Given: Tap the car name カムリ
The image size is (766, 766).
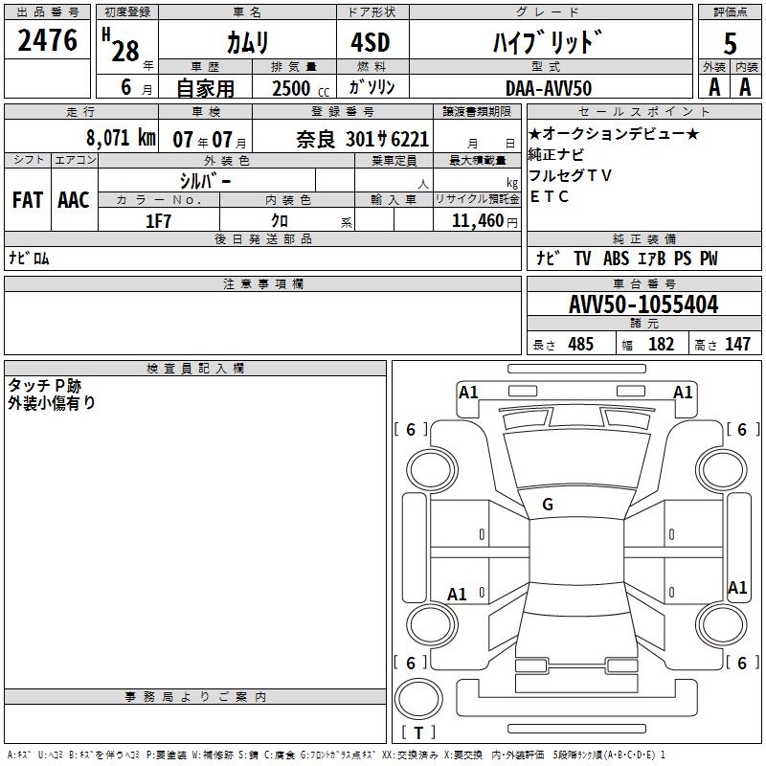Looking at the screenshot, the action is [247, 41].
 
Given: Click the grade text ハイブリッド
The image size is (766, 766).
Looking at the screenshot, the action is [547, 41].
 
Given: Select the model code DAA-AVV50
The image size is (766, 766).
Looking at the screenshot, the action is [549, 87].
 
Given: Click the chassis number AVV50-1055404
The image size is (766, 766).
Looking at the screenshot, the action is [643, 304].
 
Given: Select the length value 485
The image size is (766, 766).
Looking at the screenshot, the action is [580, 344].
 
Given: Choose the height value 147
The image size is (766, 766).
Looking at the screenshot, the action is [737, 344].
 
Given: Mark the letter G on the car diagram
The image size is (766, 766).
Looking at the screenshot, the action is [548, 505].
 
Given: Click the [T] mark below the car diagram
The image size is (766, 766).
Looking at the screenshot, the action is [418, 732].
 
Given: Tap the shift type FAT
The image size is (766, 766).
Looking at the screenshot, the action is [28, 200].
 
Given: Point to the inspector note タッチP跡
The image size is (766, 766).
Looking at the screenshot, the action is [45, 385].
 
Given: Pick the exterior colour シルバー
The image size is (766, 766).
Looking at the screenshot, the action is [205, 180].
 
